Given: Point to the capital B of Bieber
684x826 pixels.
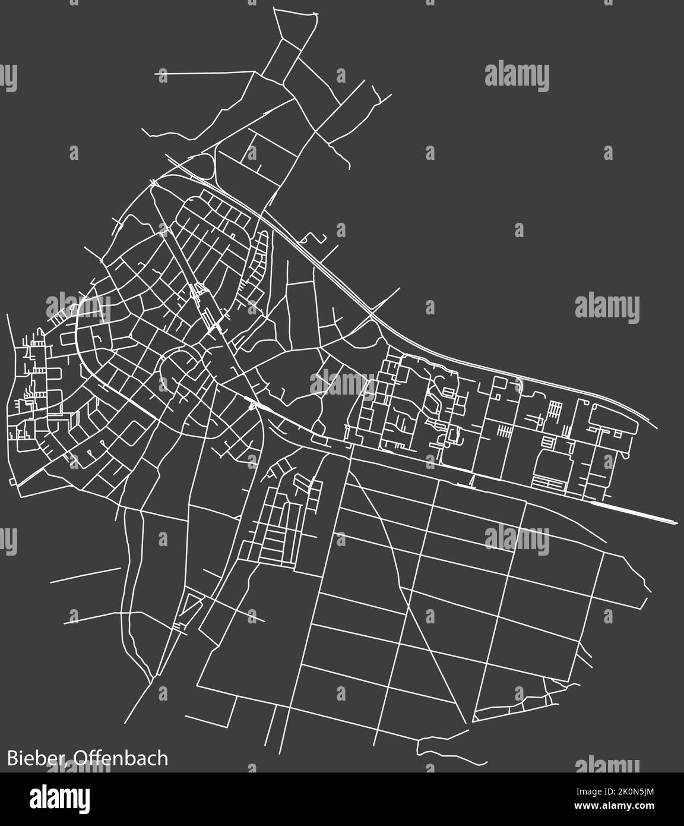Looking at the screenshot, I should pyautogui.click(x=12, y=759).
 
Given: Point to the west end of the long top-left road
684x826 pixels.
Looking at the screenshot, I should pyautogui.click(x=157, y=74).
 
